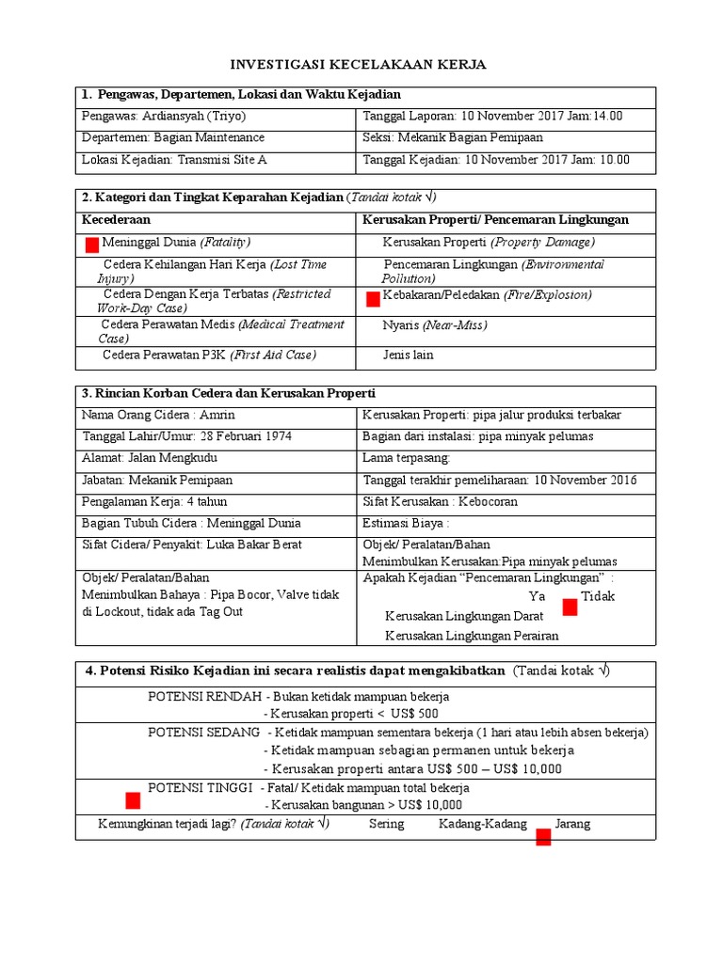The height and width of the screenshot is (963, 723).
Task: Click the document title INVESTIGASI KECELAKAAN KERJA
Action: tap(360, 64)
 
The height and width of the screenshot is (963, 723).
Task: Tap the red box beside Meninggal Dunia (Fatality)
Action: tap(92, 245)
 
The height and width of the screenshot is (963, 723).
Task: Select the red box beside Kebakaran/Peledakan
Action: tap(373, 299)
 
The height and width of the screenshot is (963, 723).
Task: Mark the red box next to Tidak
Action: tap(570, 608)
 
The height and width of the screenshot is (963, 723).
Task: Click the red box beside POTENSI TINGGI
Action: tap(133, 800)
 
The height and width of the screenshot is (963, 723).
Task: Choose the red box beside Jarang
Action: tap(543, 837)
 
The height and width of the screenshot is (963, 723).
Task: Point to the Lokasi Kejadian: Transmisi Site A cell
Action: tap(175, 160)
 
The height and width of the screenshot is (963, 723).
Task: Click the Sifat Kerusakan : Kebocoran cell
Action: tap(440, 501)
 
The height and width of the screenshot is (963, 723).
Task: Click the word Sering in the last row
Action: tap(387, 824)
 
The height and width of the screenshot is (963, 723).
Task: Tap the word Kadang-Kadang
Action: tap(482, 824)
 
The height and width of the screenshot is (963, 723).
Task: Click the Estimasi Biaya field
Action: tap(406, 523)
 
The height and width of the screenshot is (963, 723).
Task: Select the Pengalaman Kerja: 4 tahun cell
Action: tap(154, 501)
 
